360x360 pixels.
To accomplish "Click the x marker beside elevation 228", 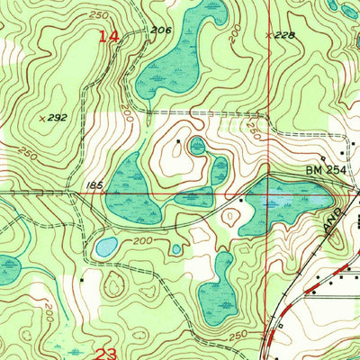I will tap(269, 36).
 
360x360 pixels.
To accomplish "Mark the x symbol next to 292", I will tap(43, 118).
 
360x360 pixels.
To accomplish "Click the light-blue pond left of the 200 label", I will tap(106, 246).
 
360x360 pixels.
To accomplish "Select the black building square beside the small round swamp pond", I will tap(179, 141).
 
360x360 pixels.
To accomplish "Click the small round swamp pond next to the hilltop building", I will tap(197, 145).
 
